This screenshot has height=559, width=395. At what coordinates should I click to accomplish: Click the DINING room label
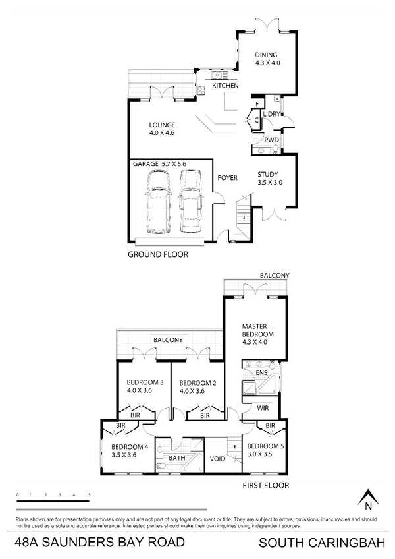pos(266,55)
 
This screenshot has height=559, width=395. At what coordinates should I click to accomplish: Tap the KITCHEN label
pos(225,86)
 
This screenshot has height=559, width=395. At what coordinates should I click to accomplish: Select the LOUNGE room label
pos(162,125)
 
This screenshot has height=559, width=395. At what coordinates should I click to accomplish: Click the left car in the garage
pos(158,202)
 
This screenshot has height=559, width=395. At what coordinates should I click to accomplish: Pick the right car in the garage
pos(190,202)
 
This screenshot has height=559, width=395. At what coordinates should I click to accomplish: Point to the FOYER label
pos(228,177)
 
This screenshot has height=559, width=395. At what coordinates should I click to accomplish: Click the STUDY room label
pos(268,174)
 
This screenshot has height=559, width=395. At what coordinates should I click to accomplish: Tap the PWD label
pos(271,140)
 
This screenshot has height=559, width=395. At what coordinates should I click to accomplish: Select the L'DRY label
pos(271,115)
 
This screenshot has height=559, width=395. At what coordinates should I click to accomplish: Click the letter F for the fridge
pos(257,104)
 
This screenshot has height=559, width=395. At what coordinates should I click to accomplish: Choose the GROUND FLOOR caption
pos(158,254)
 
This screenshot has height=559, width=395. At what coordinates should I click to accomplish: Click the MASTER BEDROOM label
pos(258,330)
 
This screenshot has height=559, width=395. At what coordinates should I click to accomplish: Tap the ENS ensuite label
pos(261,373)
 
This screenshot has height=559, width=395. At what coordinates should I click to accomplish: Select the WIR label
pos(263,408)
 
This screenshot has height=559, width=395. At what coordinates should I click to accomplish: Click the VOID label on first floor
pos(217,459)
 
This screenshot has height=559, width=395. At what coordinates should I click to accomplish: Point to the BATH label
pos(177,457)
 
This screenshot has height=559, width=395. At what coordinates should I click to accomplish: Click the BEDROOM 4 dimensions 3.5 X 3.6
pos(124,455)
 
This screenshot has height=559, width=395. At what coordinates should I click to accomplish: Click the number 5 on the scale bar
pos(90,495)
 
